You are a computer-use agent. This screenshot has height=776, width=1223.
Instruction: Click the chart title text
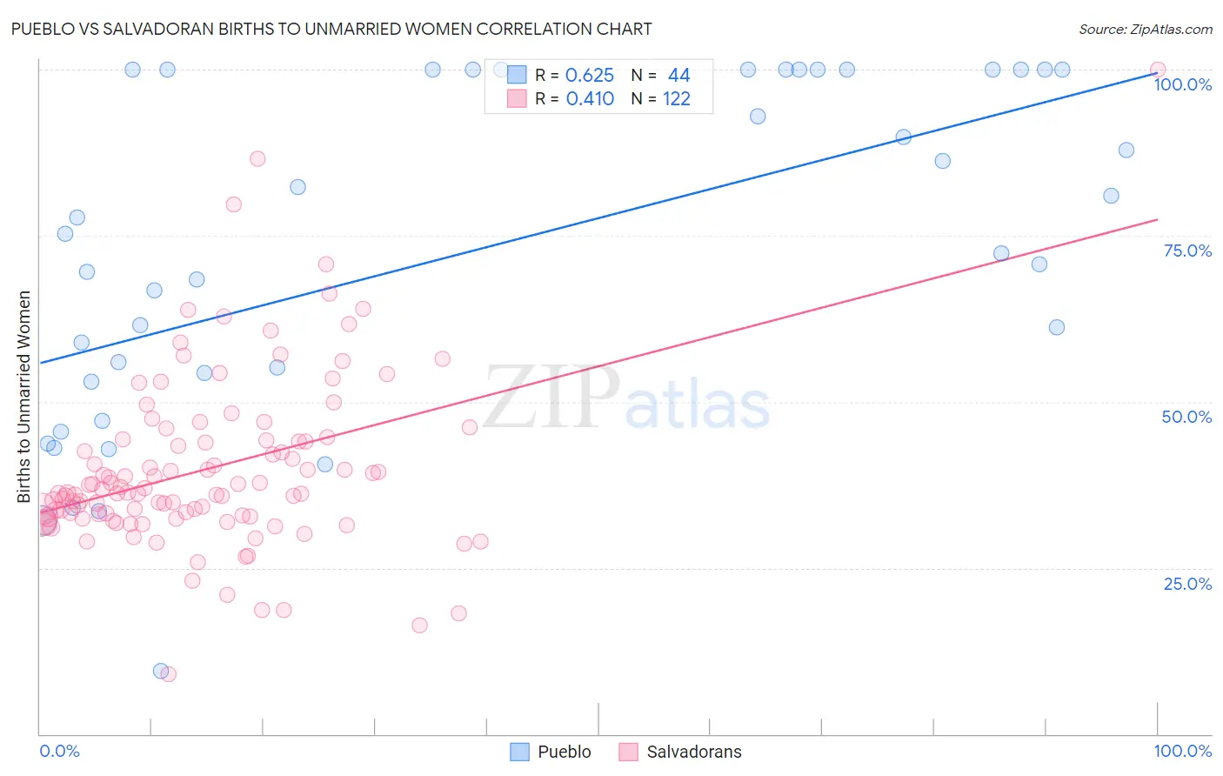(x=331, y=29)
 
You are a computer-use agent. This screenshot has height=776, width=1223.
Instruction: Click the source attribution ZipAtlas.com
(x=1145, y=29)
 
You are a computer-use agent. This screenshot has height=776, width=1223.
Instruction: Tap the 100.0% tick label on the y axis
(x=1182, y=84)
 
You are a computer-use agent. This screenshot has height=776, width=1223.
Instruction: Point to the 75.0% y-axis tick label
(x=1187, y=251)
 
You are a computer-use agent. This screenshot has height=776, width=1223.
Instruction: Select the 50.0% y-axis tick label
(x=1186, y=417)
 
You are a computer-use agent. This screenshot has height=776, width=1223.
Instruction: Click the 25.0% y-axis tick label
(x=1187, y=583)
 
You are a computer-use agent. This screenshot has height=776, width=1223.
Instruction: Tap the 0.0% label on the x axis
(x=59, y=751)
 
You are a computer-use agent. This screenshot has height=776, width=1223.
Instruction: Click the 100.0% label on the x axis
(x=1182, y=751)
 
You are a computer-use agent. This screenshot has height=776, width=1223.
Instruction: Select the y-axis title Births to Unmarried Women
(x=23, y=397)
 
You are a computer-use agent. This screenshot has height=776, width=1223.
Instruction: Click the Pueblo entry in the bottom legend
(x=564, y=752)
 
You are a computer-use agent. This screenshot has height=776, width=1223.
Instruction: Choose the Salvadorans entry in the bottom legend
(x=693, y=752)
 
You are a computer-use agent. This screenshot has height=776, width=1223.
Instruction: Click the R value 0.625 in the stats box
(x=590, y=76)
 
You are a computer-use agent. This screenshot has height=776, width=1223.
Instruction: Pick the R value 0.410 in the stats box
(x=590, y=99)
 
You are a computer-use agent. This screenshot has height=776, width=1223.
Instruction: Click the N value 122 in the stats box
(x=676, y=99)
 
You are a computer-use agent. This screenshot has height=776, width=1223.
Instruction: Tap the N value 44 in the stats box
(x=678, y=76)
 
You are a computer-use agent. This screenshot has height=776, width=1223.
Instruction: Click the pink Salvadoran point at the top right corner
(x=1157, y=70)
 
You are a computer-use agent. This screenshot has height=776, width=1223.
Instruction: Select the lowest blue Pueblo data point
(x=161, y=671)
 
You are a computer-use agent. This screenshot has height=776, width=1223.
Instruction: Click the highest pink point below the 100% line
(x=257, y=158)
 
